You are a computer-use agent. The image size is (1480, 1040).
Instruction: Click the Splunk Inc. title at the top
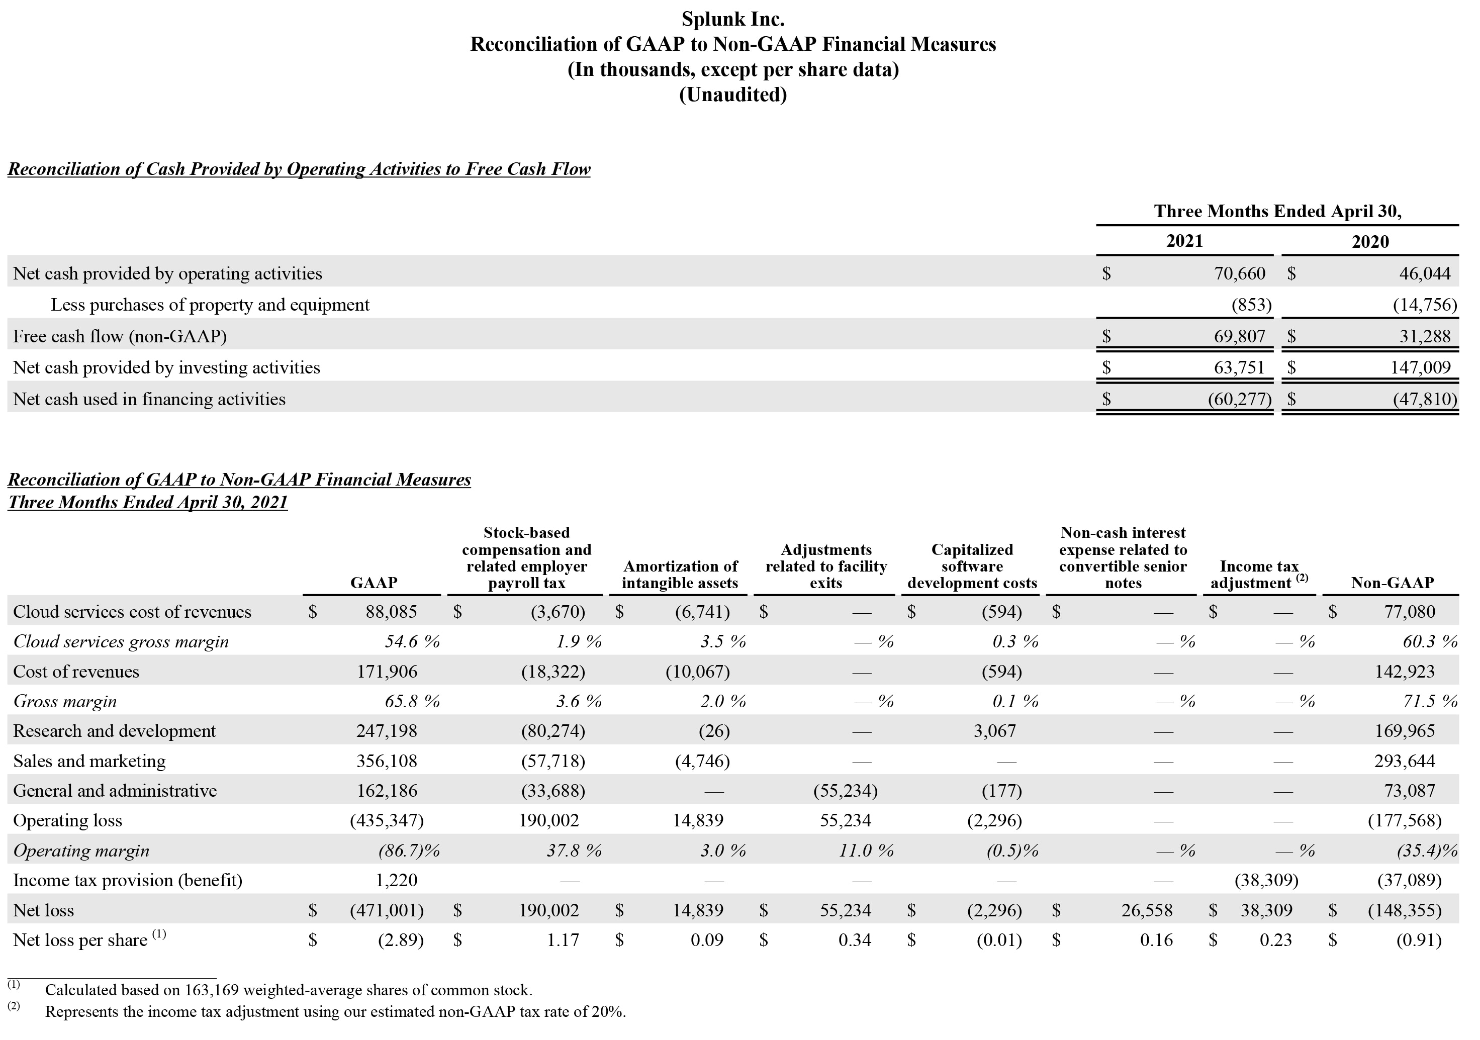point(733,19)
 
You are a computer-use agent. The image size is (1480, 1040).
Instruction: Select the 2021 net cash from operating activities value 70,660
point(1240,274)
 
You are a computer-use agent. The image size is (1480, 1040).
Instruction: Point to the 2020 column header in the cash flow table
point(1370,242)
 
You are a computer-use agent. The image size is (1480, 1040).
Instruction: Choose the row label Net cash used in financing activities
point(149,400)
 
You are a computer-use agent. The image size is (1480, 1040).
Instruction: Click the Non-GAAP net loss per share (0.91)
point(1418,941)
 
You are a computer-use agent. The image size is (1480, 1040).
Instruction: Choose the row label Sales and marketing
point(89,762)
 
